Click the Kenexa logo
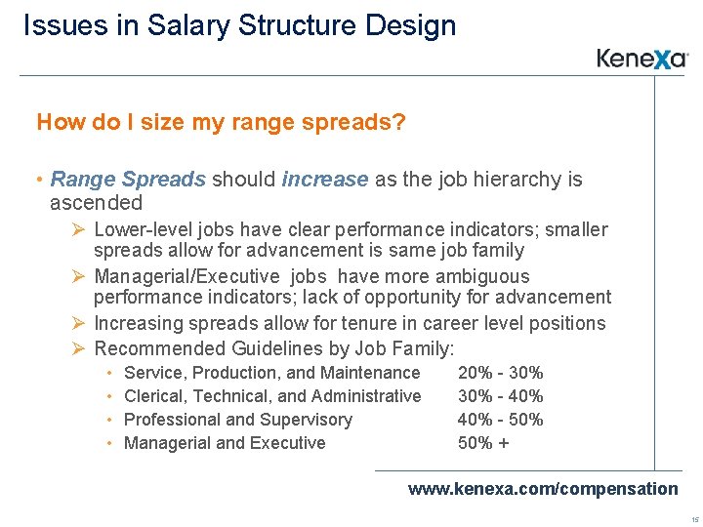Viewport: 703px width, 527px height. pyautogui.click(x=642, y=59)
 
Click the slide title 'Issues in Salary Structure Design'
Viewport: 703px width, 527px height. pyautogui.click(x=239, y=25)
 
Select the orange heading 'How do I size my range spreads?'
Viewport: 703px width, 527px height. pyautogui.click(x=221, y=123)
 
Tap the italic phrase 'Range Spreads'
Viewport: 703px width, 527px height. pyautogui.click(x=128, y=180)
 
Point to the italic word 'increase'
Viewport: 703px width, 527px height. pyautogui.click(x=325, y=180)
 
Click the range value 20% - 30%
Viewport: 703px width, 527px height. pyautogui.click(x=500, y=373)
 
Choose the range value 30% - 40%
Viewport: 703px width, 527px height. pyautogui.click(x=500, y=396)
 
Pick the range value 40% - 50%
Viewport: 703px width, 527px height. pyautogui.click(x=500, y=420)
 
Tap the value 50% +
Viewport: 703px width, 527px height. pyautogui.click(x=483, y=443)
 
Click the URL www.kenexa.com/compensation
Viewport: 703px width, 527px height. pyautogui.click(x=542, y=488)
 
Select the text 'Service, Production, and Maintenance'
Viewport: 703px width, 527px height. pyautogui.click(x=272, y=373)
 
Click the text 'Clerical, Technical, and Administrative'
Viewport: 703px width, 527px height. pyautogui.click(x=272, y=396)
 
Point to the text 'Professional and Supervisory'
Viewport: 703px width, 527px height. pyautogui.click(x=238, y=420)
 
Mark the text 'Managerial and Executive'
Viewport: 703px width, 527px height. pyautogui.click(x=225, y=443)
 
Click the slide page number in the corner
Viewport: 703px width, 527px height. pyautogui.click(x=693, y=518)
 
